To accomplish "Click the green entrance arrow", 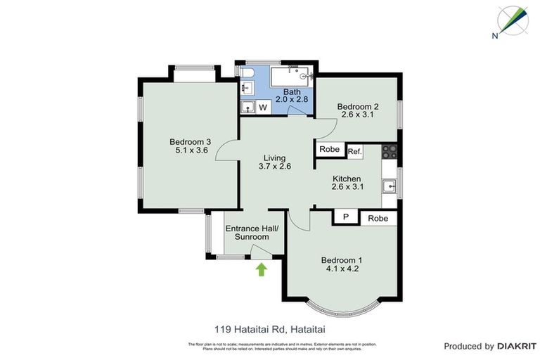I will coord(261,269).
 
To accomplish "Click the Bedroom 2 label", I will coord(359,107).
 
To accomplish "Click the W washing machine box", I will coord(263,108).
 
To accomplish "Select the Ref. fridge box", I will coord(354,151).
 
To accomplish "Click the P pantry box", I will coord(345,218).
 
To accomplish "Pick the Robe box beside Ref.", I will coord(329,149).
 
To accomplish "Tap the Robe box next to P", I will coord(378,219).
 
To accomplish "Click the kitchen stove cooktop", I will coord(390,150).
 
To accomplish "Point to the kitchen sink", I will coord(390,186).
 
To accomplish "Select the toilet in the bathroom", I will coord(247,73).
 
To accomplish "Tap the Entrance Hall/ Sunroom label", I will coord(247,232).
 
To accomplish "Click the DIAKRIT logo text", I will coord(516,346).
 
